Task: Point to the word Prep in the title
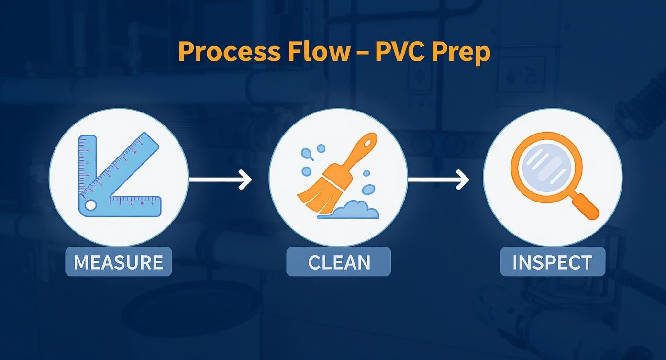(x=462, y=52)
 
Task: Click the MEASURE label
(x=118, y=262)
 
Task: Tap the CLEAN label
(x=339, y=262)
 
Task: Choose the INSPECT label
(x=552, y=262)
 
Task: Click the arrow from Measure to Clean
(x=220, y=180)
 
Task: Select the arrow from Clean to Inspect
(x=438, y=180)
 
